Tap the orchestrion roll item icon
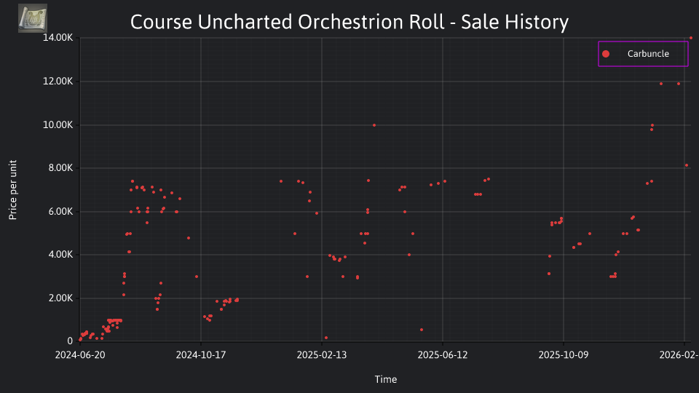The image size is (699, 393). pyautogui.click(x=33, y=18)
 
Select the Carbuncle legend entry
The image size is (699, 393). pyautogui.click(x=643, y=54)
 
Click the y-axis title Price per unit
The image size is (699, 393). pyautogui.click(x=13, y=190)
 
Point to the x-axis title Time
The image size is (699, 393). pyautogui.click(x=386, y=379)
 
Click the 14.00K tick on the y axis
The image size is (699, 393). pyautogui.click(x=58, y=38)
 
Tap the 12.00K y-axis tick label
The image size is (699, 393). pyautogui.click(x=58, y=82)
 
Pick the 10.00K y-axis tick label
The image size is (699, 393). pyautogui.click(x=58, y=125)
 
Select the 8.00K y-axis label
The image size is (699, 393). pyautogui.click(x=60, y=168)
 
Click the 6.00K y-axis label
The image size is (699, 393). pyautogui.click(x=60, y=212)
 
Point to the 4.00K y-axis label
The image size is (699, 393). pyautogui.click(x=60, y=255)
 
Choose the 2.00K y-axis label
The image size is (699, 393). pyautogui.click(x=60, y=298)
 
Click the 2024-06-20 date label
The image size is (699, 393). pyautogui.click(x=80, y=355)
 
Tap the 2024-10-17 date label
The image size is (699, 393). pyautogui.click(x=201, y=355)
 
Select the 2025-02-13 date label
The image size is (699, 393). pyautogui.click(x=322, y=355)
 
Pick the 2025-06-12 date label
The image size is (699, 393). pyautogui.click(x=443, y=355)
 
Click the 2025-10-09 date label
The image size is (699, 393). pyautogui.click(x=564, y=355)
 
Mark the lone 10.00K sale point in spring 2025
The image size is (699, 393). pyautogui.click(x=374, y=125)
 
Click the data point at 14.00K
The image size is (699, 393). pyautogui.click(x=691, y=38)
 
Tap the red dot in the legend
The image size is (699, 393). pyautogui.click(x=606, y=54)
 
